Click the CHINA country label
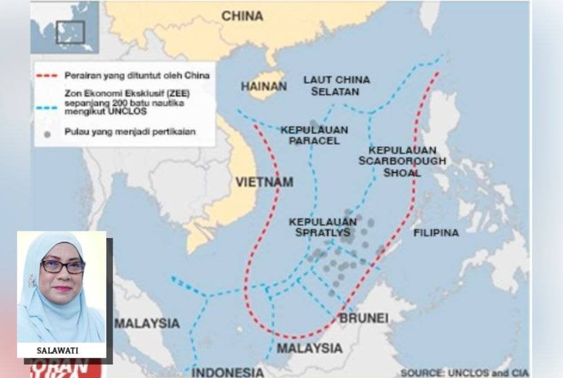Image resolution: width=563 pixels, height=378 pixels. click(242, 16)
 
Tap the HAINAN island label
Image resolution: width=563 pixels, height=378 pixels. click(263, 87)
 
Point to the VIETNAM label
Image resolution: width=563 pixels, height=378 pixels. click(264, 182)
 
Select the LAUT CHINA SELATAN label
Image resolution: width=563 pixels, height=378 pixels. click(337, 85)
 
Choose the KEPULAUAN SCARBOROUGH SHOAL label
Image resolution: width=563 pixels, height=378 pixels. click(402, 161)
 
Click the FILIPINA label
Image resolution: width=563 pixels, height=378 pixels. click(436, 232)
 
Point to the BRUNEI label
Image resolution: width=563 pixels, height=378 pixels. click(364, 319)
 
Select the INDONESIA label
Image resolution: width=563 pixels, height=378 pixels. click(227, 372)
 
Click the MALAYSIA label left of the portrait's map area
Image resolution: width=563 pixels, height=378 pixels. click(147, 324)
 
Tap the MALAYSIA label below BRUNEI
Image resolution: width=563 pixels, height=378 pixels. click(309, 348)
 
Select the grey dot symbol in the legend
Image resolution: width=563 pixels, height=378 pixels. click(47, 134)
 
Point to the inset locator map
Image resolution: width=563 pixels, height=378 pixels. click(65, 28)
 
